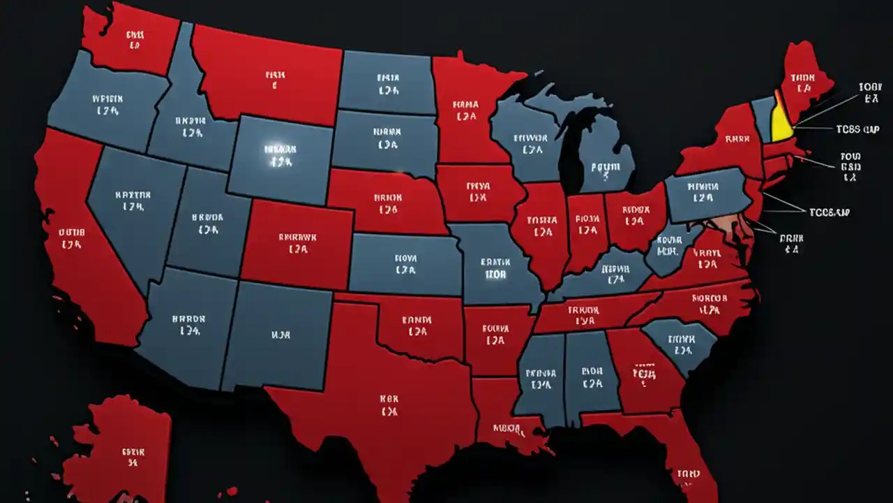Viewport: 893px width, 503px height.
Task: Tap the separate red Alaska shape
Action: pyautogui.click(x=122, y=447)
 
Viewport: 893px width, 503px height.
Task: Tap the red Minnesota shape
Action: pyautogui.click(x=464, y=112)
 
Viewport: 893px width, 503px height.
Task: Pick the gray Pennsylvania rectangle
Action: pyautogui.click(x=705, y=196)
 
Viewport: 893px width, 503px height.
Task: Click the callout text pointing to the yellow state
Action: pyautogui.click(x=857, y=129)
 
